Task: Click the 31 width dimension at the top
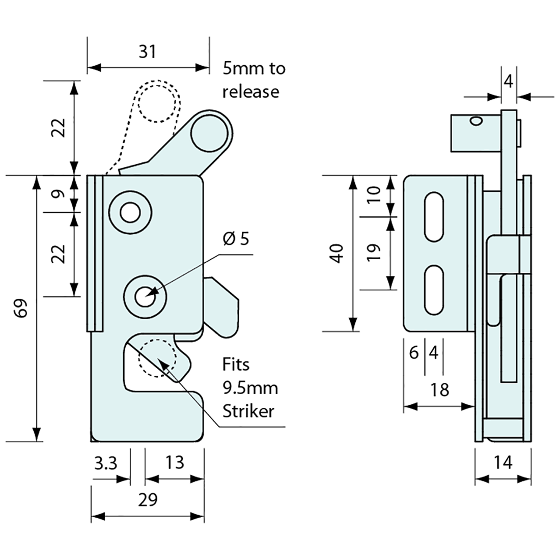pos(147,51)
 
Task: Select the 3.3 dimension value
pos(105,463)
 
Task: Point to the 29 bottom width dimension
pos(147,499)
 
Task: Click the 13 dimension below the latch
pos(174,463)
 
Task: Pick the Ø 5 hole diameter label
pos(236,239)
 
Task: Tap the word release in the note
pos(250,92)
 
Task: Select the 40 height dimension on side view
pos(337,253)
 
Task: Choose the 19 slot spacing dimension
pos(374,253)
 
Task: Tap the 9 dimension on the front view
pos(59,193)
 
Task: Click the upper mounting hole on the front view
pos(130,213)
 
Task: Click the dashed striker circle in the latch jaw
pos(157,358)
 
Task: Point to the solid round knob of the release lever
pos(209,134)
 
